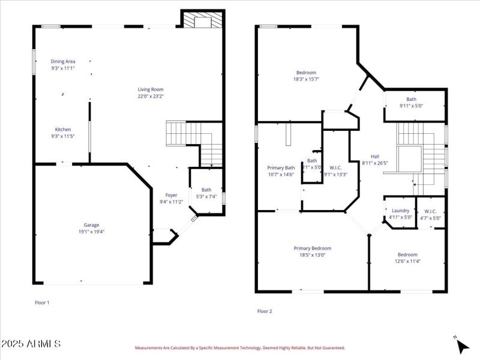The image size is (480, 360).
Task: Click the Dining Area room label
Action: pos(63,61)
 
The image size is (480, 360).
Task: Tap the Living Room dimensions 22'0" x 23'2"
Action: pos(150,96)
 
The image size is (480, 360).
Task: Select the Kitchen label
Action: pos(63,130)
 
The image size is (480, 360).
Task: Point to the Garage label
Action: pos(91,225)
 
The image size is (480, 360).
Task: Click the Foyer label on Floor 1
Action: pos(172,195)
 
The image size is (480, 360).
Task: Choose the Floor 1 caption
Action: pos(42,303)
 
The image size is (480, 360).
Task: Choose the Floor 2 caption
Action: pos(265,311)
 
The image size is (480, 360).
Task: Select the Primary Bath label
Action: pos(281,168)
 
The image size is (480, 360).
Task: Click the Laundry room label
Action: pos(400,211)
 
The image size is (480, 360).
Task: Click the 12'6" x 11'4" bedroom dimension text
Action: pos(407,261)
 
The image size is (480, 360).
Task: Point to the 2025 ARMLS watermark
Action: pos(31,344)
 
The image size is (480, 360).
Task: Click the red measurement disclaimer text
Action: pos(240,348)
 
